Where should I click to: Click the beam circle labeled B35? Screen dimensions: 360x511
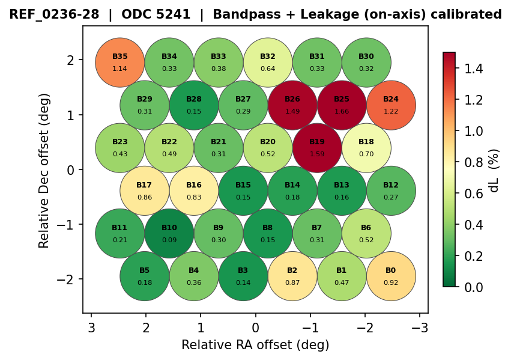(120, 62)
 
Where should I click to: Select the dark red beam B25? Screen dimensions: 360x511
(342, 105)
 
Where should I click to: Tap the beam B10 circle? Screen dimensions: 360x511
(169, 233)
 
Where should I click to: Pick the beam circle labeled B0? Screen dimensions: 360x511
(391, 276)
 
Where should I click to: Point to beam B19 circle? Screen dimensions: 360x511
(317, 147)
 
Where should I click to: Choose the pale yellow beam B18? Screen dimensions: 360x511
(366, 147)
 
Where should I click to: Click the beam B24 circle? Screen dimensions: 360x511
(391, 105)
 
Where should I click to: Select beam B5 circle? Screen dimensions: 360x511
(145, 276)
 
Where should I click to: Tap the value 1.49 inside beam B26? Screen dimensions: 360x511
(292, 111)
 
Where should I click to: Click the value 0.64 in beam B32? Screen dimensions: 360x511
(268, 69)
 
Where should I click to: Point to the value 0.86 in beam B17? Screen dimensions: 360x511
(145, 197)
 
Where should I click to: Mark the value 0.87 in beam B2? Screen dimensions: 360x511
(292, 282)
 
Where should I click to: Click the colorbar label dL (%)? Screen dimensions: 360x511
(494, 170)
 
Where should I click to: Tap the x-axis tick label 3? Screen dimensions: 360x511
(91, 328)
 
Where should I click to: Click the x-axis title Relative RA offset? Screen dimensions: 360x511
(255, 345)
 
